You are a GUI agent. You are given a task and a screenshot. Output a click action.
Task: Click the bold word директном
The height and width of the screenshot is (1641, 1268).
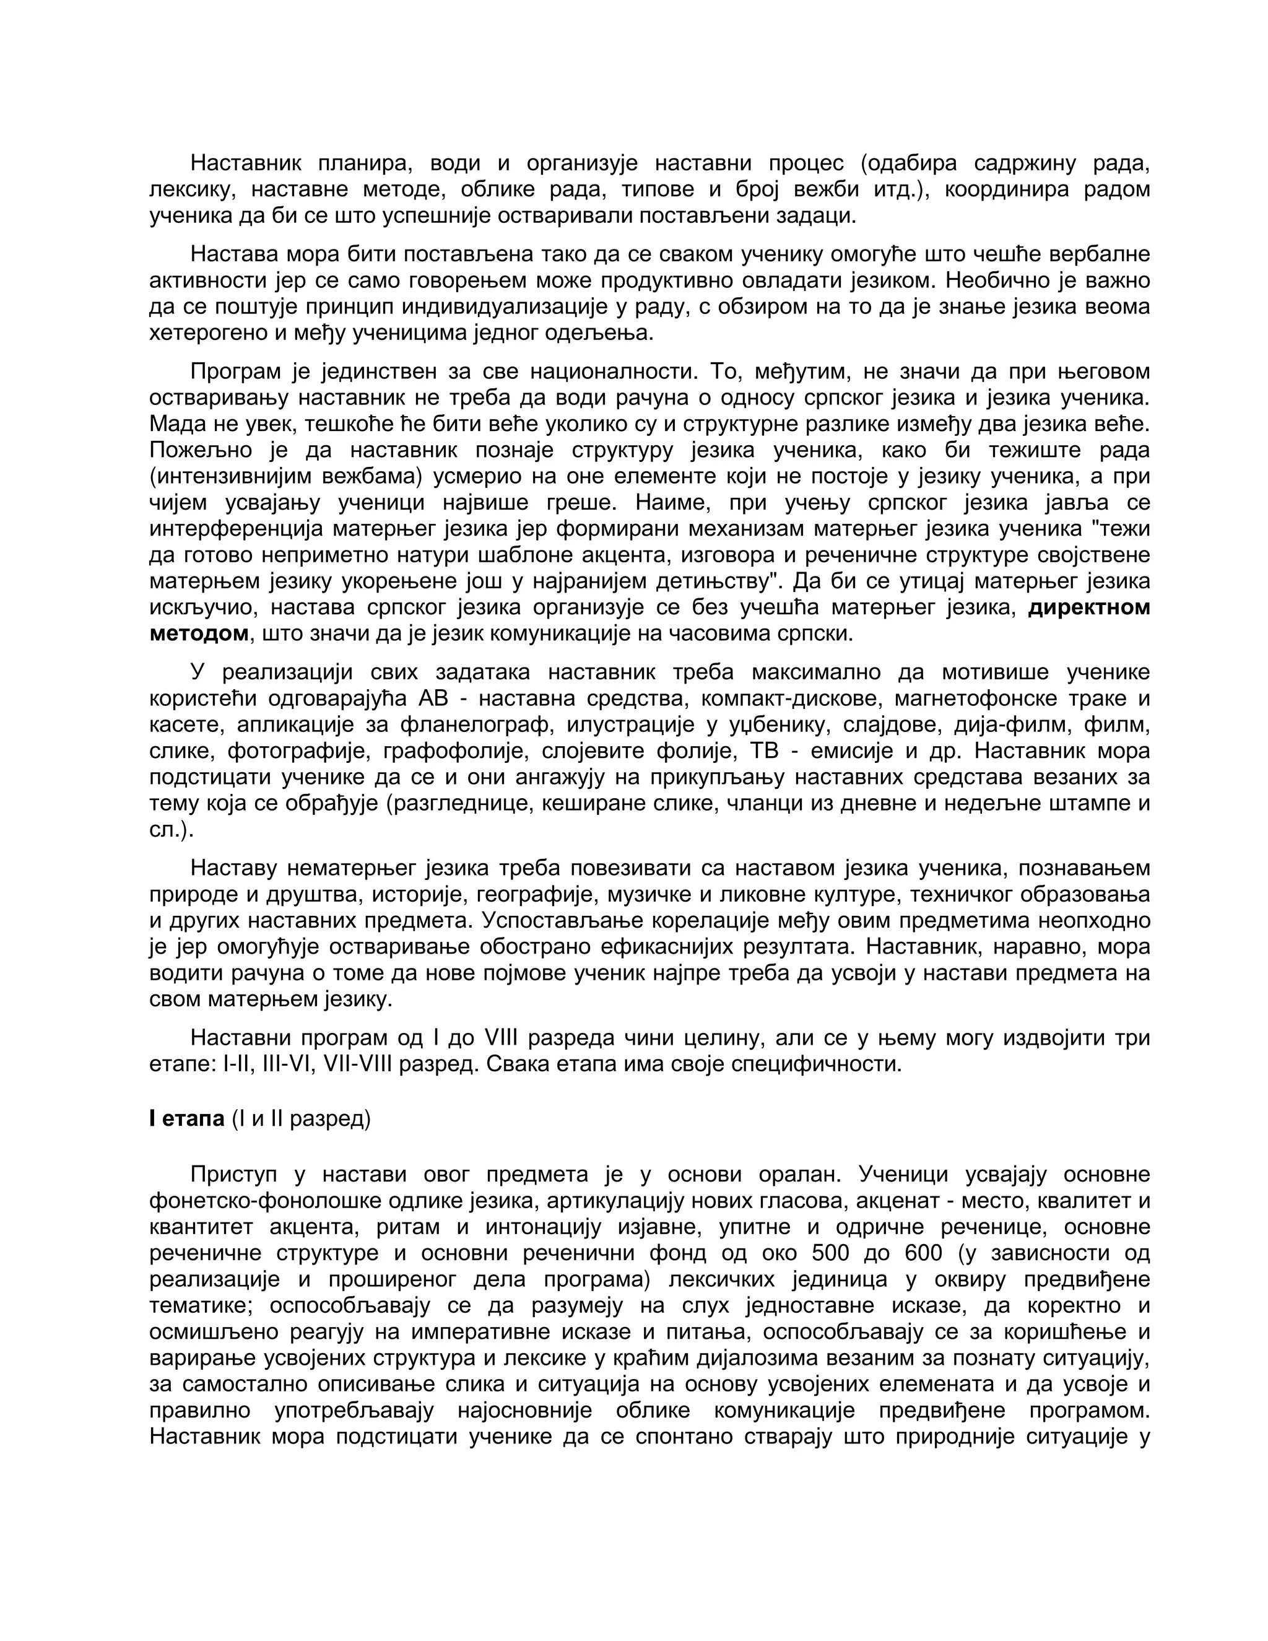tap(1088, 607)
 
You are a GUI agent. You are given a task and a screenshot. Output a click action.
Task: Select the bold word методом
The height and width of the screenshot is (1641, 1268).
tap(198, 633)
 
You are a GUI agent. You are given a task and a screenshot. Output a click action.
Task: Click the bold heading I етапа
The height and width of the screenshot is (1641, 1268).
tap(187, 1119)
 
